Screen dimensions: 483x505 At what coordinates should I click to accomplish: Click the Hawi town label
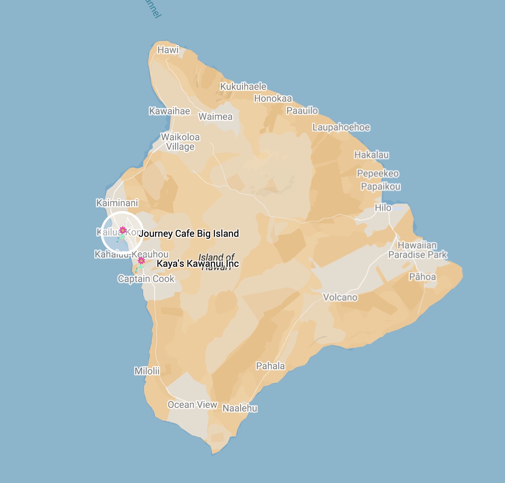pos(168,50)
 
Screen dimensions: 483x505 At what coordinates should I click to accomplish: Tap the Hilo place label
pos(383,208)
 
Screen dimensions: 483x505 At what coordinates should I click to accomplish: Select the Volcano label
pos(340,298)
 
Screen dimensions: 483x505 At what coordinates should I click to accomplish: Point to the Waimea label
pos(215,117)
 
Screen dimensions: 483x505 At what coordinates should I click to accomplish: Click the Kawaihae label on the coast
pos(170,111)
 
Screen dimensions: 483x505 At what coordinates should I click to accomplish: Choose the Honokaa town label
pos(273,99)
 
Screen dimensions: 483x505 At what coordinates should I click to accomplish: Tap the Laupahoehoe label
pos(341,127)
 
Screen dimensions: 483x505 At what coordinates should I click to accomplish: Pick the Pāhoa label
pos(422,277)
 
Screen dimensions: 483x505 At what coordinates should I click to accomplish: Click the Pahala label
pos(270,366)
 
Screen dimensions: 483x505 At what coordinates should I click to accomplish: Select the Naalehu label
pos(240,408)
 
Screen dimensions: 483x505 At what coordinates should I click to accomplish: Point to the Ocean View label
pos(193,405)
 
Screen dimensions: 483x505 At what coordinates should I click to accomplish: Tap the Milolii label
pos(147,371)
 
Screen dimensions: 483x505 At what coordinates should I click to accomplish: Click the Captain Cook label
pos(146,279)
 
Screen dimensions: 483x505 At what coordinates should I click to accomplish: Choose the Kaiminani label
pos(117,203)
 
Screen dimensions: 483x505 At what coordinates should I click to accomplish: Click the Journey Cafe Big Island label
pos(189,234)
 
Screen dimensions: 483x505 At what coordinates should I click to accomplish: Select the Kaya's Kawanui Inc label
pos(198,264)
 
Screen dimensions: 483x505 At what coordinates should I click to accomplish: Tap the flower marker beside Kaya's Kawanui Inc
pos(141,261)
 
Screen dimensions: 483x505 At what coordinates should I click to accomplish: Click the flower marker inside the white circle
pos(123,230)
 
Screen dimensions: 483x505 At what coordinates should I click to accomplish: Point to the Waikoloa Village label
pos(180,142)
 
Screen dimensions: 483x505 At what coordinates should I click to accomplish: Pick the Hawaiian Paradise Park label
pos(417,250)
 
